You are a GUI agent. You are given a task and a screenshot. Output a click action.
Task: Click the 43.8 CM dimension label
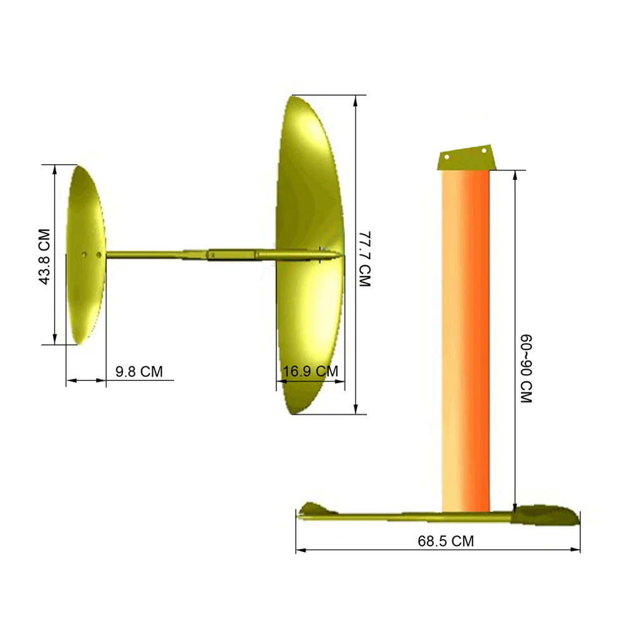[x=44, y=255]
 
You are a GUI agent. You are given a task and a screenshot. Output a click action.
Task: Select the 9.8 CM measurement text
[x=139, y=372]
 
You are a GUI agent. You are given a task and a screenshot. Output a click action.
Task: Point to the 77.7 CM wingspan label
[x=365, y=259]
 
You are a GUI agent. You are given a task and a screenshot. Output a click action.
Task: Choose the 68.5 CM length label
[x=446, y=541]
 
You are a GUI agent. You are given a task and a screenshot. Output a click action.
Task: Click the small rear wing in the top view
[x=85, y=255]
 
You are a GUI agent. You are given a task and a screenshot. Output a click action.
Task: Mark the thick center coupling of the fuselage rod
[x=231, y=255]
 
